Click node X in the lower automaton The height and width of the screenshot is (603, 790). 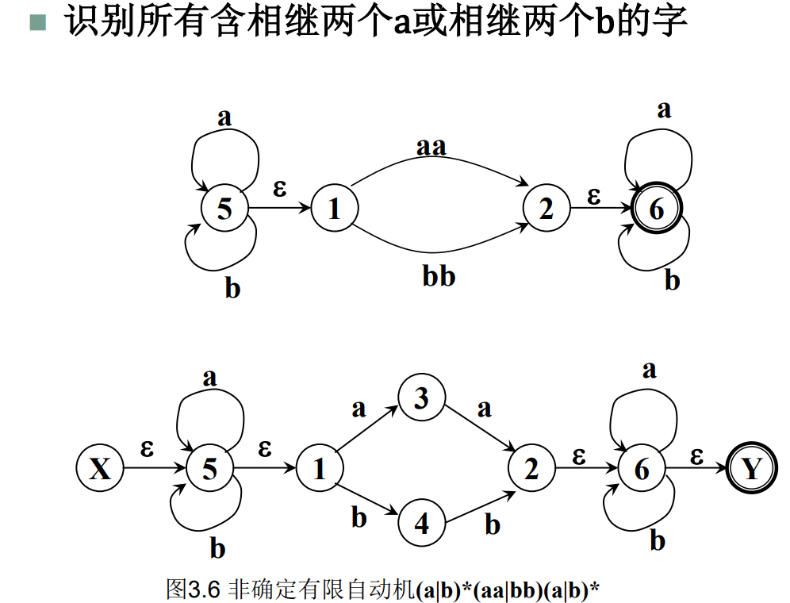tap(100, 469)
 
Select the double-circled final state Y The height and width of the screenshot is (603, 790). tap(750, 469)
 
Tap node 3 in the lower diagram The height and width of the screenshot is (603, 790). tap(421, 398)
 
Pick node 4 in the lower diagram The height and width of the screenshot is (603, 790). tap(421, 524)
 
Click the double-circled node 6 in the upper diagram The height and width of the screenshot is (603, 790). tap(656, 209)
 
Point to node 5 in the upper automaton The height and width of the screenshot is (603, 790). tap(224, 209)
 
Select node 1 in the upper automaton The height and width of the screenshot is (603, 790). tap(334, 209)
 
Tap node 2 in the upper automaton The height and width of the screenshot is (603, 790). tap(546, 209)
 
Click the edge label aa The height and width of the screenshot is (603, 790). tap(431, 147)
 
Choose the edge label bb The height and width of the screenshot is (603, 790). tap(439, 277)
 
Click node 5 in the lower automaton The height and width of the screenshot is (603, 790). tap(209, 469)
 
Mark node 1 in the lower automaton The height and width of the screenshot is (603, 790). tap(320, 469)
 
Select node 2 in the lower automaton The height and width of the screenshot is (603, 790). tap(531, 469)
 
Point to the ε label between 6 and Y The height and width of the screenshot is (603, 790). tap(696, 455)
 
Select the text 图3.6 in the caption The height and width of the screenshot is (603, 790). tap(194, 589)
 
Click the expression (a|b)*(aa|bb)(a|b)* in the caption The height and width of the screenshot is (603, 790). tap(507, 590)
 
